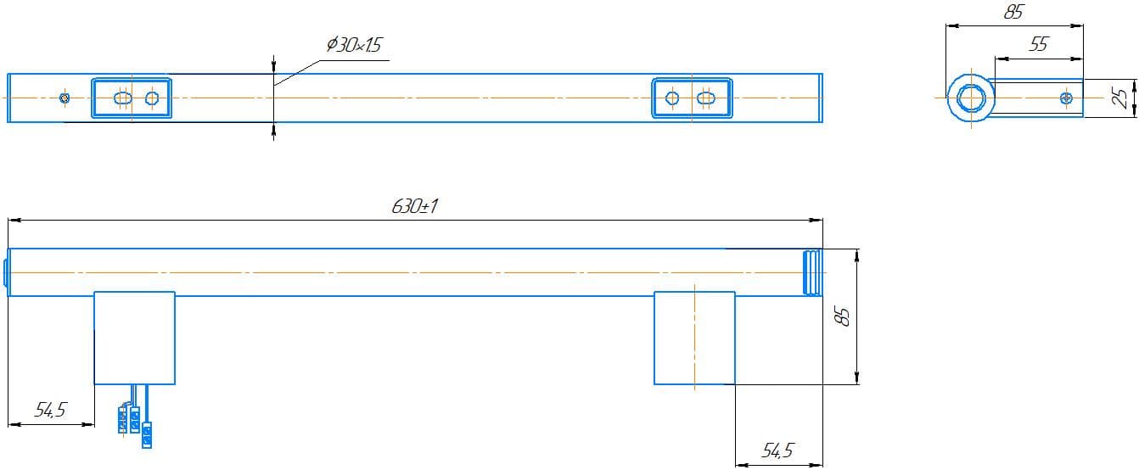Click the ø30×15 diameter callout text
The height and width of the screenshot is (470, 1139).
(x=354, y=45)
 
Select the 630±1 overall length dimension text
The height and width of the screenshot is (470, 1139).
(x=415, y=207)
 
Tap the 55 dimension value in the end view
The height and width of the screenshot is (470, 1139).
(x=1038, y=45)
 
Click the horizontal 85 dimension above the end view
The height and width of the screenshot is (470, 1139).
(x=1013, y=13)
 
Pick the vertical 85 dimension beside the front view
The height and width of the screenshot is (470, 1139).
(x=843, y=317)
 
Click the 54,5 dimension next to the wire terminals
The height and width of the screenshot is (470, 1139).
(x=50, y=411)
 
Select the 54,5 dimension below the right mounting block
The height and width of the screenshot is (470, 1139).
(x=777, y=451)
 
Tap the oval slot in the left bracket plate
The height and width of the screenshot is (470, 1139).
(x=123, y=98)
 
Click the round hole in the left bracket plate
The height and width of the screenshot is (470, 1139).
(x=152, y=98)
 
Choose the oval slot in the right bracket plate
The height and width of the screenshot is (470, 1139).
(x=704, y=98)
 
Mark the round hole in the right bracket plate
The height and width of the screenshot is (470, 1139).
(x=672, y=98)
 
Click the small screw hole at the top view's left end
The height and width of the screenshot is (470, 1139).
(x=65, y=98)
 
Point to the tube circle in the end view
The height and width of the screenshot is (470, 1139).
(x=968, y=98)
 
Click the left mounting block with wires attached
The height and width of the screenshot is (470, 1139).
(x=134, y=338)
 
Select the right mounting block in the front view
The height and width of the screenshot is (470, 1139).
(x=694, y=338)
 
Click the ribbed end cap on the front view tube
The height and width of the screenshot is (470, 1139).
(x=812, y=272)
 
